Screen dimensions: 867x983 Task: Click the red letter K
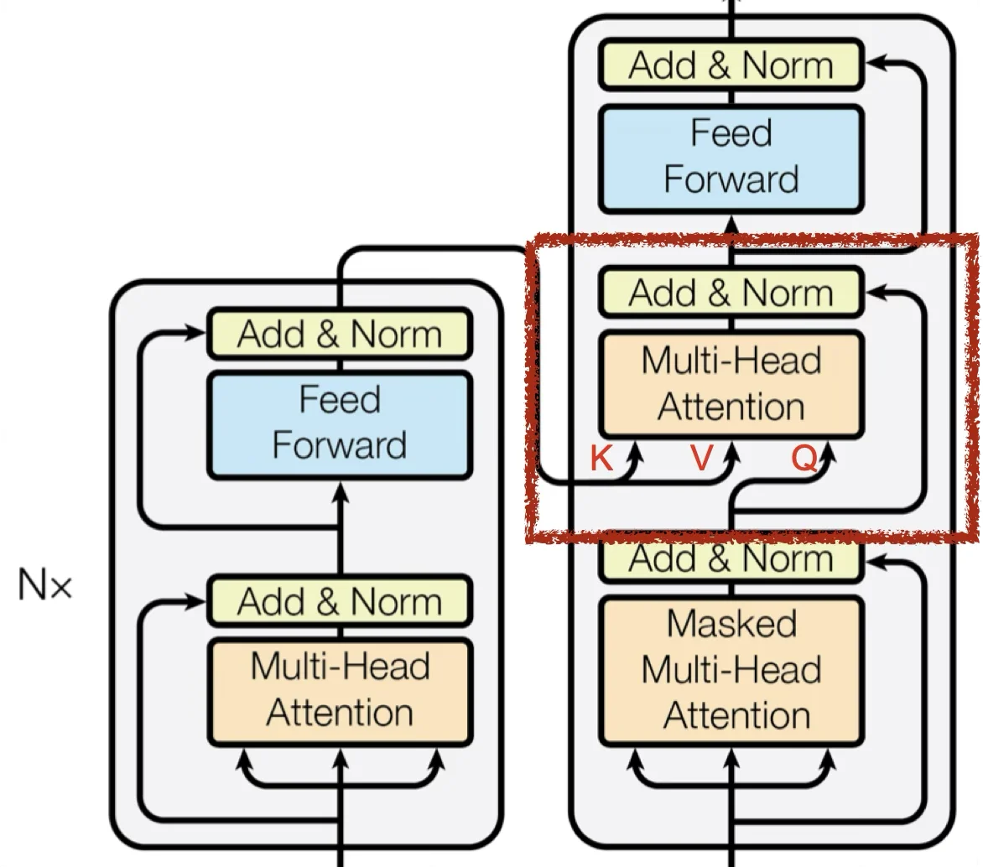click(x=601, y=459)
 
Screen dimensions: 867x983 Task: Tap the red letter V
click(x=701, y=459)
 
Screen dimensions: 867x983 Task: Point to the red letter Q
click(x=804, y=459)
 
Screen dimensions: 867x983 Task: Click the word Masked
click(x=731, y=624)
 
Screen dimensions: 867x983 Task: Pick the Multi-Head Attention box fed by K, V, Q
click(x=731, y=384)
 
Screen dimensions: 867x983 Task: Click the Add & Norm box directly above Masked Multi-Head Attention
click(x=731, y=559)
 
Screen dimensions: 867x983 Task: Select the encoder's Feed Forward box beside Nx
click(x=340, y=423)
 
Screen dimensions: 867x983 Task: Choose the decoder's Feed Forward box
click(x=731, y=157)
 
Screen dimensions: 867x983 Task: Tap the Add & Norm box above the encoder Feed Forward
click(x=340, y=334)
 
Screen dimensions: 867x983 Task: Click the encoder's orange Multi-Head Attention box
click(x=340, y=690)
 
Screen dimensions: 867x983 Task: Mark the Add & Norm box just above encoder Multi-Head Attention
click(x=340, y=601)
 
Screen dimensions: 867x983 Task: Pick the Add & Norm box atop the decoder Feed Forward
click(x=731, y=65)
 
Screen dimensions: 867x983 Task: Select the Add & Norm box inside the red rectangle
click(x=731, y=293)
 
